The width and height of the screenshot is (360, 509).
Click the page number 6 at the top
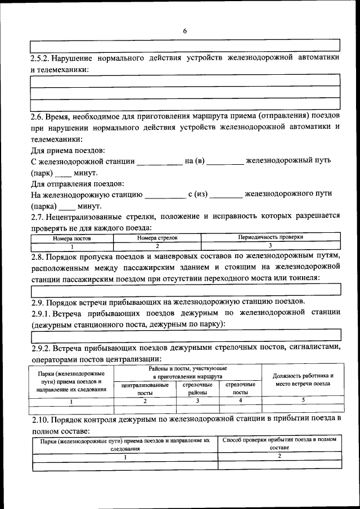(x=184, y=31)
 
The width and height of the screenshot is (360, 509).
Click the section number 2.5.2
(x=41, y=58)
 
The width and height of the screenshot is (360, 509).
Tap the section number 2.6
(x=37, y=115)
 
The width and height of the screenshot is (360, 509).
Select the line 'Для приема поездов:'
(x=67, y=150)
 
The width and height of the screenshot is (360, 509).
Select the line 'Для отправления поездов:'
(x=77, y=184)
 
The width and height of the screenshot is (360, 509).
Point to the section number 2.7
(x=37, y=217)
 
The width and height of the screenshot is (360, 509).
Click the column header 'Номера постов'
(x=72, y=238)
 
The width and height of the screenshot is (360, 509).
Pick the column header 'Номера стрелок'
(x=157, y=238)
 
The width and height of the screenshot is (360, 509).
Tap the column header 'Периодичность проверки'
(x=271, y=238)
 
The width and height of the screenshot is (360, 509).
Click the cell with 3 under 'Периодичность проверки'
(x=271, y=246)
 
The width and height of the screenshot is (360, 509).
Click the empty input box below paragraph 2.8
(x=186, y=290)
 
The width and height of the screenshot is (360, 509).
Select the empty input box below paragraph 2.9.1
(x=186, y=336)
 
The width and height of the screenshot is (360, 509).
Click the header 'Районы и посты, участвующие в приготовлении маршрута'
(x=188, y=372)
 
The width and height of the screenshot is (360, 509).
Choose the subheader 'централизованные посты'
(x=145, y=389)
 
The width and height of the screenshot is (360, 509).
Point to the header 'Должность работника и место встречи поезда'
(x=303, y=380)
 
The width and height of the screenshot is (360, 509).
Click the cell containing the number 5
(x=303, y=400)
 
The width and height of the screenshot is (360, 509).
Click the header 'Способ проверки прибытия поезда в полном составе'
(x=280, y=444)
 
